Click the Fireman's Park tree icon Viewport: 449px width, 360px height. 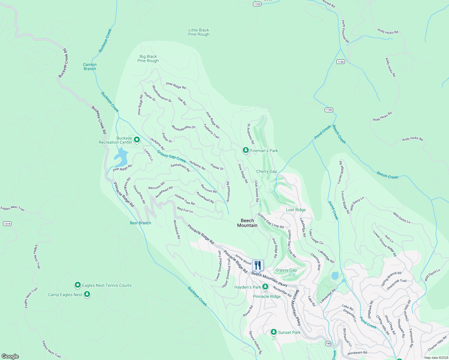[246, 150]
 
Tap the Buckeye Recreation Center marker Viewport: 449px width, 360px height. [137, 140]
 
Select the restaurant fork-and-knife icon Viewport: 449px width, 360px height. [258, 265]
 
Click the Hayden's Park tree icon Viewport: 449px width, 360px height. [265, 287]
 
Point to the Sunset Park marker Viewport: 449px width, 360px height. [273, 332]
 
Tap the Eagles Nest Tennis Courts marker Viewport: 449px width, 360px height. [78, 285]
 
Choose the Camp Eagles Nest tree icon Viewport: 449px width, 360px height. [87, 294]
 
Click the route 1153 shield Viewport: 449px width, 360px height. [257, 4]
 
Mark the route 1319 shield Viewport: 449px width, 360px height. [7, 223]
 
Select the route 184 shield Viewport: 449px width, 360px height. [328, 343]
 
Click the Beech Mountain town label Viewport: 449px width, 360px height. [247, 223]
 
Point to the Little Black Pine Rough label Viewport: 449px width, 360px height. [199, 32]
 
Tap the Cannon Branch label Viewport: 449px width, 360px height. [90, 67]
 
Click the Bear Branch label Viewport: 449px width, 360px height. [140, 223]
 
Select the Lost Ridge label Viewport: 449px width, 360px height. [296, 210]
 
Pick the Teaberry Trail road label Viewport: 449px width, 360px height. [211, 131]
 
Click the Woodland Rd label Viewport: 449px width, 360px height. [177, 229]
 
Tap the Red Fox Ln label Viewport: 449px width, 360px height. [185, 210]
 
